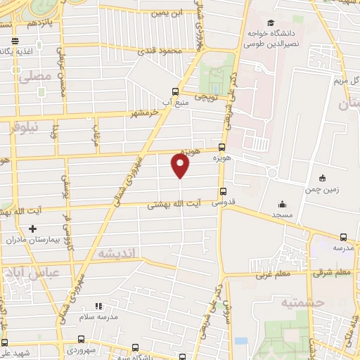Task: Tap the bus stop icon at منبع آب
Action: [175, 91]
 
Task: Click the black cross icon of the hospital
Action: [32, 229]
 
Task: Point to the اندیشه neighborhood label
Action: [117, 253]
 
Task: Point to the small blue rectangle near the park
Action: [241, 341]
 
